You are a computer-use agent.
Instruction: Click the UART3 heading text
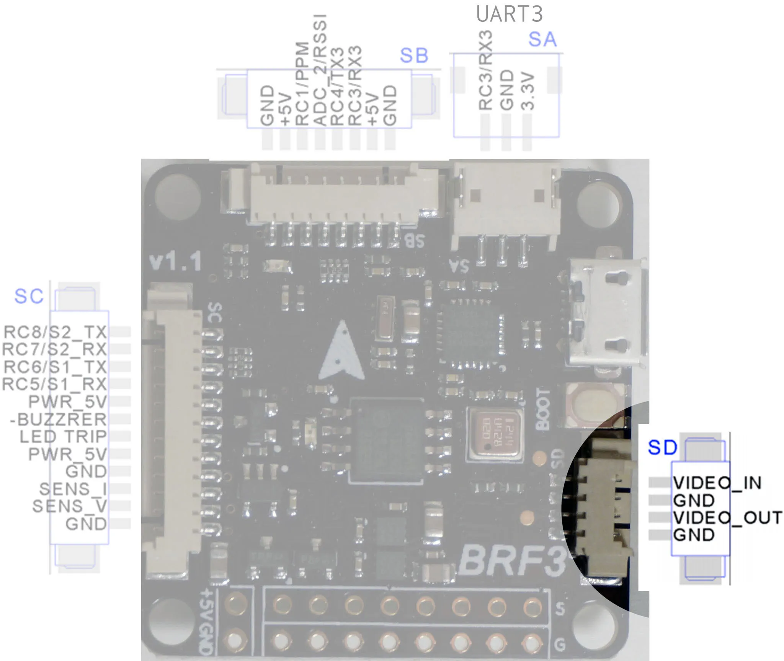point(509,14)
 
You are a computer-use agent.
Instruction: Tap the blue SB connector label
point(414,56)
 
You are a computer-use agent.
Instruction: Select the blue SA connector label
point(542,39)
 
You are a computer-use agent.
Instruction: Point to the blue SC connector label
point(29,296)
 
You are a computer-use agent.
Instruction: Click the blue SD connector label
point(662,447)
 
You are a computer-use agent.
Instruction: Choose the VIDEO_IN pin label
point(717,483)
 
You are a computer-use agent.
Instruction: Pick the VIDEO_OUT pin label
point(727,518)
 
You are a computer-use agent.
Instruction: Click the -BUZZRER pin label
point(58,419)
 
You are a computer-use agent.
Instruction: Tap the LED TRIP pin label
point(63,437)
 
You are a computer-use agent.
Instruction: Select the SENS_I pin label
point(73,489)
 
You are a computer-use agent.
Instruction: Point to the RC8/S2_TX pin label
point(55,332)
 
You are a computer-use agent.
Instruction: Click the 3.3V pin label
point(528,92)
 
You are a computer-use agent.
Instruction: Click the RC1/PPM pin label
point(302,84)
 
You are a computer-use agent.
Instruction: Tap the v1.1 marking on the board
point(175,263)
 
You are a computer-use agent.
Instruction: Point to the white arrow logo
point(341,351)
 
